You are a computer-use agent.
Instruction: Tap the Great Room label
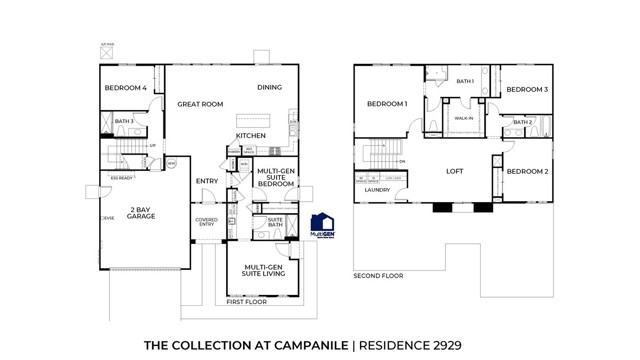(200, 103)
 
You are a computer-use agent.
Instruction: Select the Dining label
(269, 87)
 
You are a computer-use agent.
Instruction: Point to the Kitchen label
(251, 135)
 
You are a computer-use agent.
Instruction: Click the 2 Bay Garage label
(140, 212)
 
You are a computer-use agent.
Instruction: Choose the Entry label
(207, 181)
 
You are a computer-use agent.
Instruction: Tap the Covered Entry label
(206, 223)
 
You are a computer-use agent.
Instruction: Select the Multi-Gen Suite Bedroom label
(275, 177)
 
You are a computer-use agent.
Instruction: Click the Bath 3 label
(124, 121)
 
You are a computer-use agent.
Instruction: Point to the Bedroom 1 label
(386, 104)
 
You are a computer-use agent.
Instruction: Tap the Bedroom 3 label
(526, 90)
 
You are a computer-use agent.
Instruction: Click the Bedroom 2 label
(526, 171)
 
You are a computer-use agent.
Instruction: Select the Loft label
(454, 171)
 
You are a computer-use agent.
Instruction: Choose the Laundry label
(377, 189)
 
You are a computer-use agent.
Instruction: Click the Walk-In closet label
(464, 118)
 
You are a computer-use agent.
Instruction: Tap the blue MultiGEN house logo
(323, 226)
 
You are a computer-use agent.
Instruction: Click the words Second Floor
(378, 275)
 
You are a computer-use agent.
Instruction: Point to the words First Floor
(246, 301)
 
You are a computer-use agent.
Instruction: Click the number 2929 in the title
(440, 344)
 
